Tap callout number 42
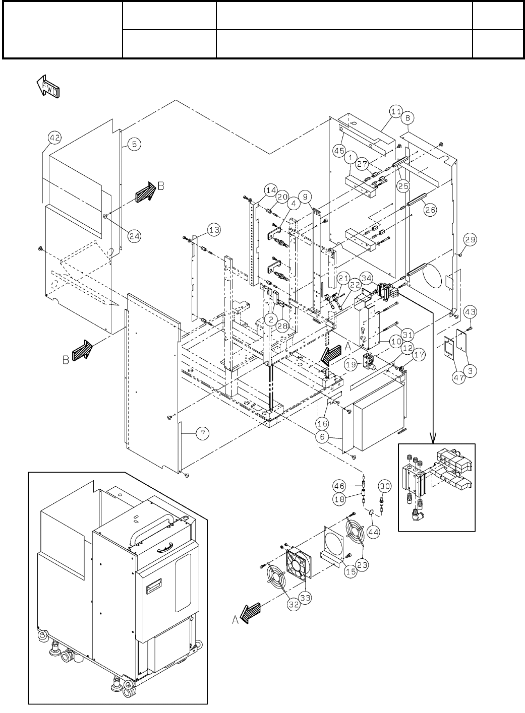click(55, 137)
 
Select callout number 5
click(134, 144)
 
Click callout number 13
click(214, 230)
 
